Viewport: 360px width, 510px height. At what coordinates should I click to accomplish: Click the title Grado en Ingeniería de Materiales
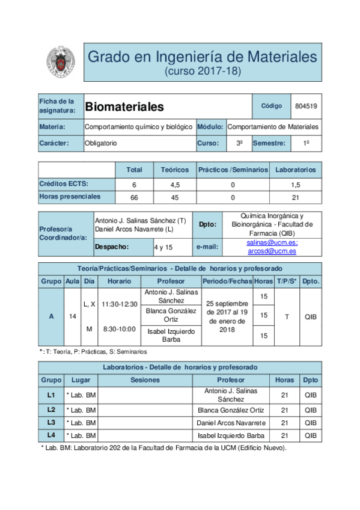click(202, 57)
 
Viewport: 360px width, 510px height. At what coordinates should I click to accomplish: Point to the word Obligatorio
click(101, 143)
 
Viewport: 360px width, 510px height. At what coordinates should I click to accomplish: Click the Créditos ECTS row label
click(61, 184)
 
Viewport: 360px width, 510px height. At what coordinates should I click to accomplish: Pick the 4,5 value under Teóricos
click(175, 185)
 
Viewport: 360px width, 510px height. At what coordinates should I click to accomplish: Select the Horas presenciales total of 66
click(134, 197)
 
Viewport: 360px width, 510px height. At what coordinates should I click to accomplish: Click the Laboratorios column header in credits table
click(295, 170)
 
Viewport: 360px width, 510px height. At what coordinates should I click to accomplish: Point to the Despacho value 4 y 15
click(163, 247)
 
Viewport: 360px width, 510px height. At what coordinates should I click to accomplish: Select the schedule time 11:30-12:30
click(119, 304)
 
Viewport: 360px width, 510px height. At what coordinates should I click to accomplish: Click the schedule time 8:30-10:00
click(119, 329)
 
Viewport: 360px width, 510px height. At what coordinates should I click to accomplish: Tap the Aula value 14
click(73, 316)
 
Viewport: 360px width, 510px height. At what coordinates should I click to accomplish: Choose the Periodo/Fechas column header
click(227, 281)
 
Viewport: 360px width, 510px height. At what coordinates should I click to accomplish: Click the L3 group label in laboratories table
click(51, 422)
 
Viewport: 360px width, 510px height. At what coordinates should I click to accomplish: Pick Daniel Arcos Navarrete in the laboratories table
click(231, 422)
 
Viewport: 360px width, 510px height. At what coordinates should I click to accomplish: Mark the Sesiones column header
click(145, 379)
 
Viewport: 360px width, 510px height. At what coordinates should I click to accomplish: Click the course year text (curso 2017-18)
click(202, 72)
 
